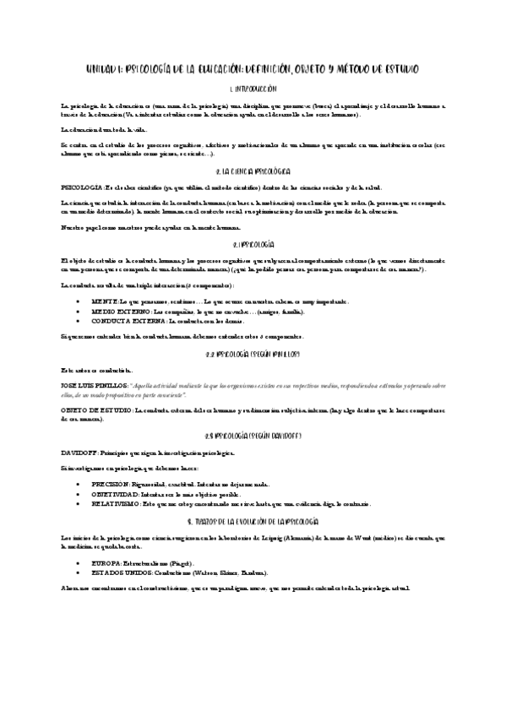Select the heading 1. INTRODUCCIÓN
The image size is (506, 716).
point(253,88)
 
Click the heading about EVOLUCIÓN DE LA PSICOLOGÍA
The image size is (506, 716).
point(253,523)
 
